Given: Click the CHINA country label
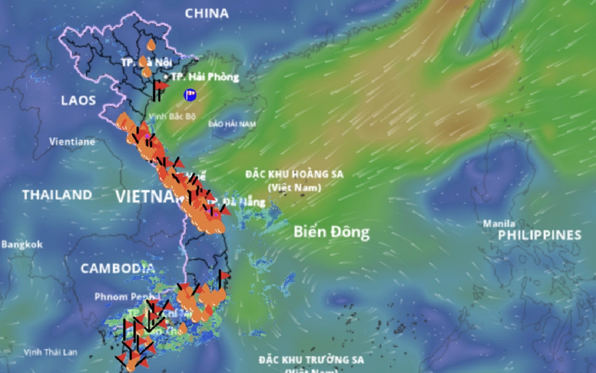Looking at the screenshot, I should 207,13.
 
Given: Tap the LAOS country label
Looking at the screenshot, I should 78,100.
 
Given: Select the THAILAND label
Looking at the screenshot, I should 57,194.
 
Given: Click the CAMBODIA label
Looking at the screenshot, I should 118,269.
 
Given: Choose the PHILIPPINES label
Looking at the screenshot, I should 539,235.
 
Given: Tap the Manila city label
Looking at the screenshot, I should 499,223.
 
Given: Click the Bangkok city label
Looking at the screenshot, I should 22,245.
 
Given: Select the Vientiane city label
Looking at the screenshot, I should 72,141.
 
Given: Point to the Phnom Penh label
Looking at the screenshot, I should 119,297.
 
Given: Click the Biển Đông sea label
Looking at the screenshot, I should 332,232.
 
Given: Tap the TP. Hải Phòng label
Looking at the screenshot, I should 205,77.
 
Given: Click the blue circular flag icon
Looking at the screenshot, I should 189,94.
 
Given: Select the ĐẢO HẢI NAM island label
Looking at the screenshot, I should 231,123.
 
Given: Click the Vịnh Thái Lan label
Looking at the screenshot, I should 51,352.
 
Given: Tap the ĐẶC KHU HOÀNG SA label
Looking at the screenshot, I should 294,175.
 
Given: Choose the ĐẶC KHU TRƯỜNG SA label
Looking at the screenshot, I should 311,360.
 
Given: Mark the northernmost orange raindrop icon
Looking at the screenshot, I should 151,45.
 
